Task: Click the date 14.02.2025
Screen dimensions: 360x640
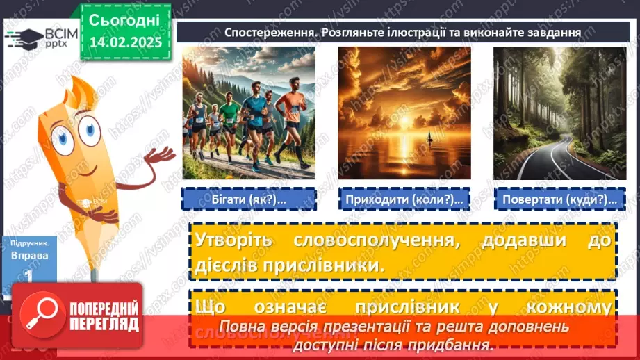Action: pyautogui.click(x=125, y=42)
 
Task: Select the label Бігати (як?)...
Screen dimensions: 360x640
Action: pyautogui.click(x=248, y=199)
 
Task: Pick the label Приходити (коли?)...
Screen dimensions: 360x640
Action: pyautogui.click(x=404, y=199)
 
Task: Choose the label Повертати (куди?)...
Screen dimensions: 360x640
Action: pyautogui.click(x=559, y=199)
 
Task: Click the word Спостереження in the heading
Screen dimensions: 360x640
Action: pyautogui.click(x=263, y=31)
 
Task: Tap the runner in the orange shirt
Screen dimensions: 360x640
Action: pyautogui.click(x=289, y=115)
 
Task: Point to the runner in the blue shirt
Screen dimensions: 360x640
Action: pyautogui.click(x=258, y=118)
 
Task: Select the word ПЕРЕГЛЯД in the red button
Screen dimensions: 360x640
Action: pyautogui.click(x=102, y=325)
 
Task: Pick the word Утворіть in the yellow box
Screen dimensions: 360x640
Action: pyautogui.click(x=234, y=240)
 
